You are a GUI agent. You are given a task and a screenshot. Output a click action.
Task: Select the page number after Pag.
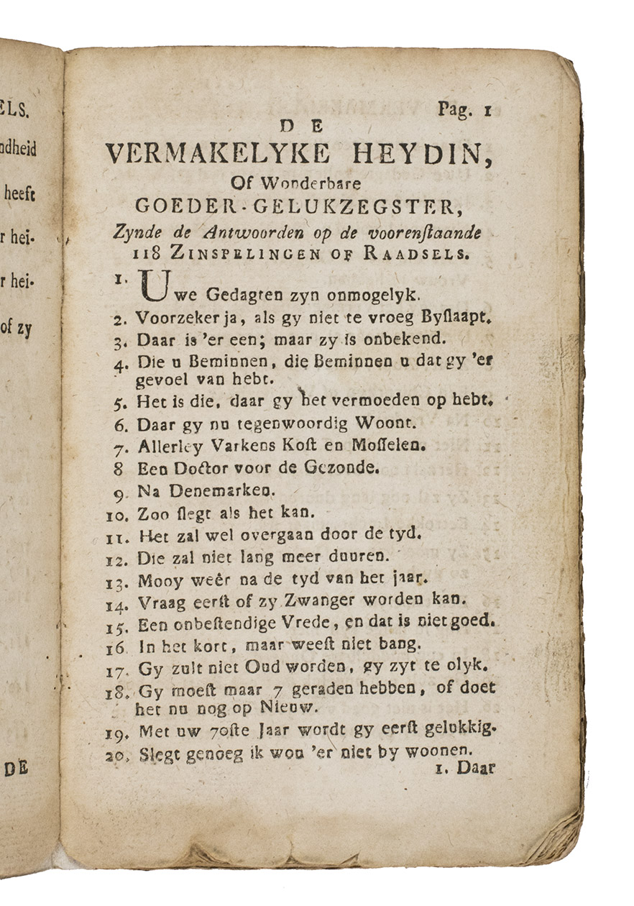[487, 110]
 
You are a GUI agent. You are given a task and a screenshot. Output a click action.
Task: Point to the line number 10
[117, 514]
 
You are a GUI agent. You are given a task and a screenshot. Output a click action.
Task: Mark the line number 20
[117, 756]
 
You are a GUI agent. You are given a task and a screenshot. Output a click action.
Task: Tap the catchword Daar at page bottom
[477, 769]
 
